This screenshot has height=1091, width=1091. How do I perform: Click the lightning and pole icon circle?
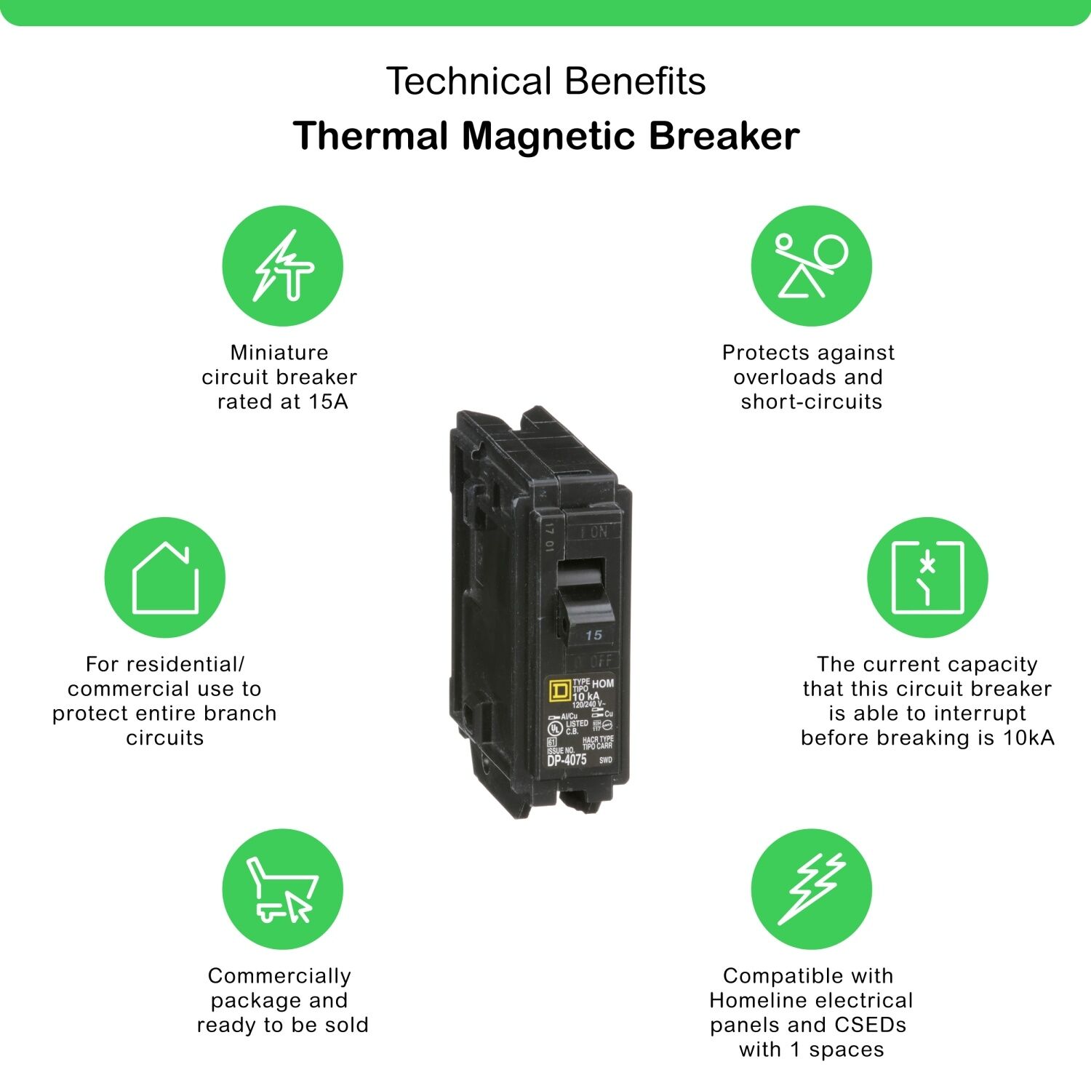pos(282,266)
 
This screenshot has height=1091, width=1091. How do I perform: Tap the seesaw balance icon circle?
pos(811,266)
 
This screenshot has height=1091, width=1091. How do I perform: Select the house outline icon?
pos(165,578)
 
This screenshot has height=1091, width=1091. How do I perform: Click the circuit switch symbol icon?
pos(927,578)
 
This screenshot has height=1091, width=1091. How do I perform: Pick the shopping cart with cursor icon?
pos(282,889)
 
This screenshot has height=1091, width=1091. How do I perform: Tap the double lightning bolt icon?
pos(811,889)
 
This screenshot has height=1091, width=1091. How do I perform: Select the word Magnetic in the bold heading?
pos(549,136)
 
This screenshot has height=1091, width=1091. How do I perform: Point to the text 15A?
pos(327,401)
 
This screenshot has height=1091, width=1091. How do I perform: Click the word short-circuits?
pos(811,401)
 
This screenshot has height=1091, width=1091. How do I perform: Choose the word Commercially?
pos(279,976)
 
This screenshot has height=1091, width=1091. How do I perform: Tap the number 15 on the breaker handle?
pos(594,635)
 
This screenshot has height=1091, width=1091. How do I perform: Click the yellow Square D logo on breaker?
pos(559,690)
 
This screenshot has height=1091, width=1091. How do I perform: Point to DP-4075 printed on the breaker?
pos(567,760)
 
